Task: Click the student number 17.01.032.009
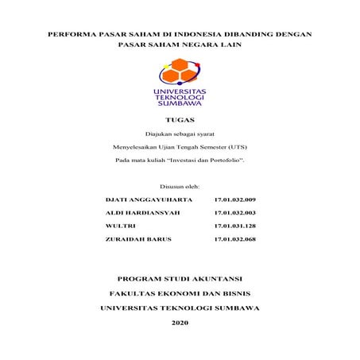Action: (234, 199)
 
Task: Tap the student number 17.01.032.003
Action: (234, 213)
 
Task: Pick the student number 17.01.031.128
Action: (234, 226)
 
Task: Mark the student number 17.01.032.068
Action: (234, 239)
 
